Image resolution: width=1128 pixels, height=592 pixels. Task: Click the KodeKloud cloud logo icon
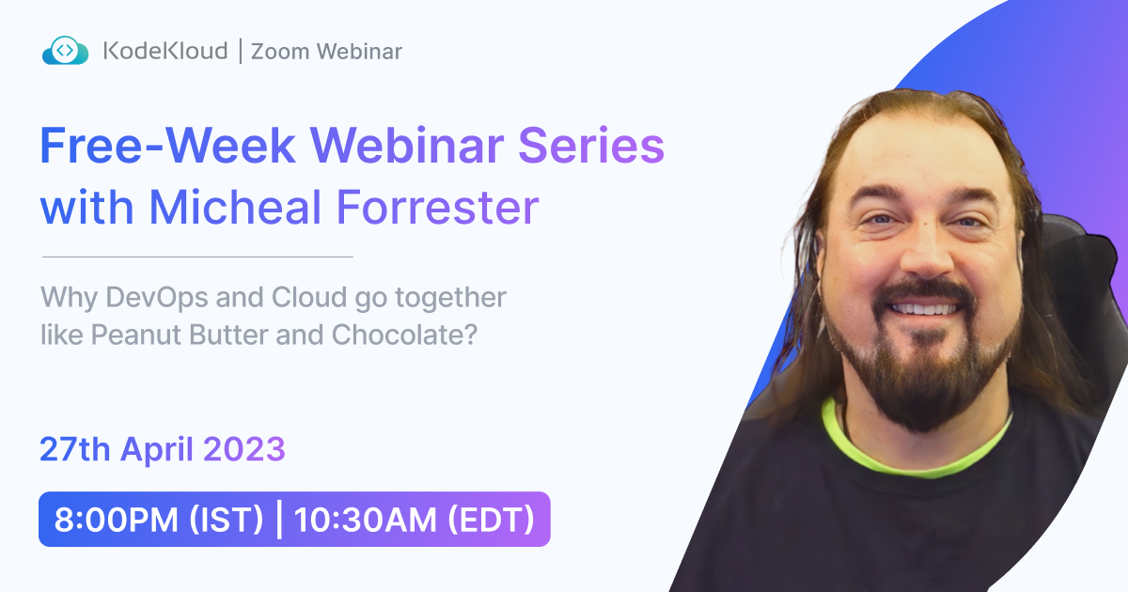pyautogui.click(x=65, y=51)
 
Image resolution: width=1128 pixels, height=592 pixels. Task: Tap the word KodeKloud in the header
pyautogui.click(x=164, y=51)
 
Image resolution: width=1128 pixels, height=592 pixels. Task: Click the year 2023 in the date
pyautogui.click(x=244, y=450)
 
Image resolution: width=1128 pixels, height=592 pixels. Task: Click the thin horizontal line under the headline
pyautogui.click(x=197, y=256)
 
